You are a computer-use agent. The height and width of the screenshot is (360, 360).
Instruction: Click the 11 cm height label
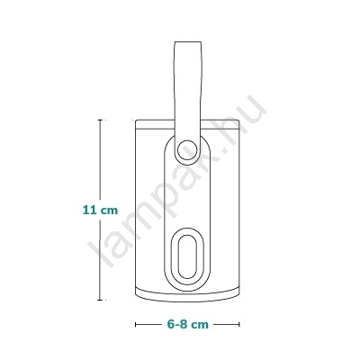pos(100,210)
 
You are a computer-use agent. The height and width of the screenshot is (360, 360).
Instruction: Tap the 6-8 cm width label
pos(187,324)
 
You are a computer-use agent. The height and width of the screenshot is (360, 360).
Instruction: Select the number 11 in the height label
pos(89,210)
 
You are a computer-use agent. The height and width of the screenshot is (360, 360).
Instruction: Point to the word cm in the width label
pos(200,325)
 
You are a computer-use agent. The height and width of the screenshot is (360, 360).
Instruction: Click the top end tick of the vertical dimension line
pos(100,120)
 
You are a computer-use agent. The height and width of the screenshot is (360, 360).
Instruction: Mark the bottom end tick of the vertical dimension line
pos(100,300)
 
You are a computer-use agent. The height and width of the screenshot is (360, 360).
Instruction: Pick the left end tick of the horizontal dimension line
pos(136,324)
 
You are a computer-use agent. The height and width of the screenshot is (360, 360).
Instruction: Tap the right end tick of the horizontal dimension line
pos(239,324)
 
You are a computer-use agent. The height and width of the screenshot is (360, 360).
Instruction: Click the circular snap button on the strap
pos(187,149)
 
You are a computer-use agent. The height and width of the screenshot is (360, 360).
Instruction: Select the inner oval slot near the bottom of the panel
pos(187,256)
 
